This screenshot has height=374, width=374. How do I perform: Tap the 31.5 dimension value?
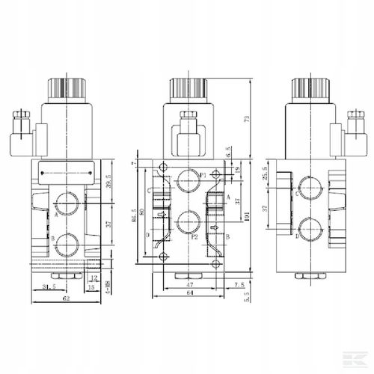point(48,285)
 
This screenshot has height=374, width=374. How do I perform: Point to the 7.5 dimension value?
point(239,284)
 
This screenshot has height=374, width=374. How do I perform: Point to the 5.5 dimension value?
point(247,295)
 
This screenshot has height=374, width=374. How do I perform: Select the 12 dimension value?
point(93,277)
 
